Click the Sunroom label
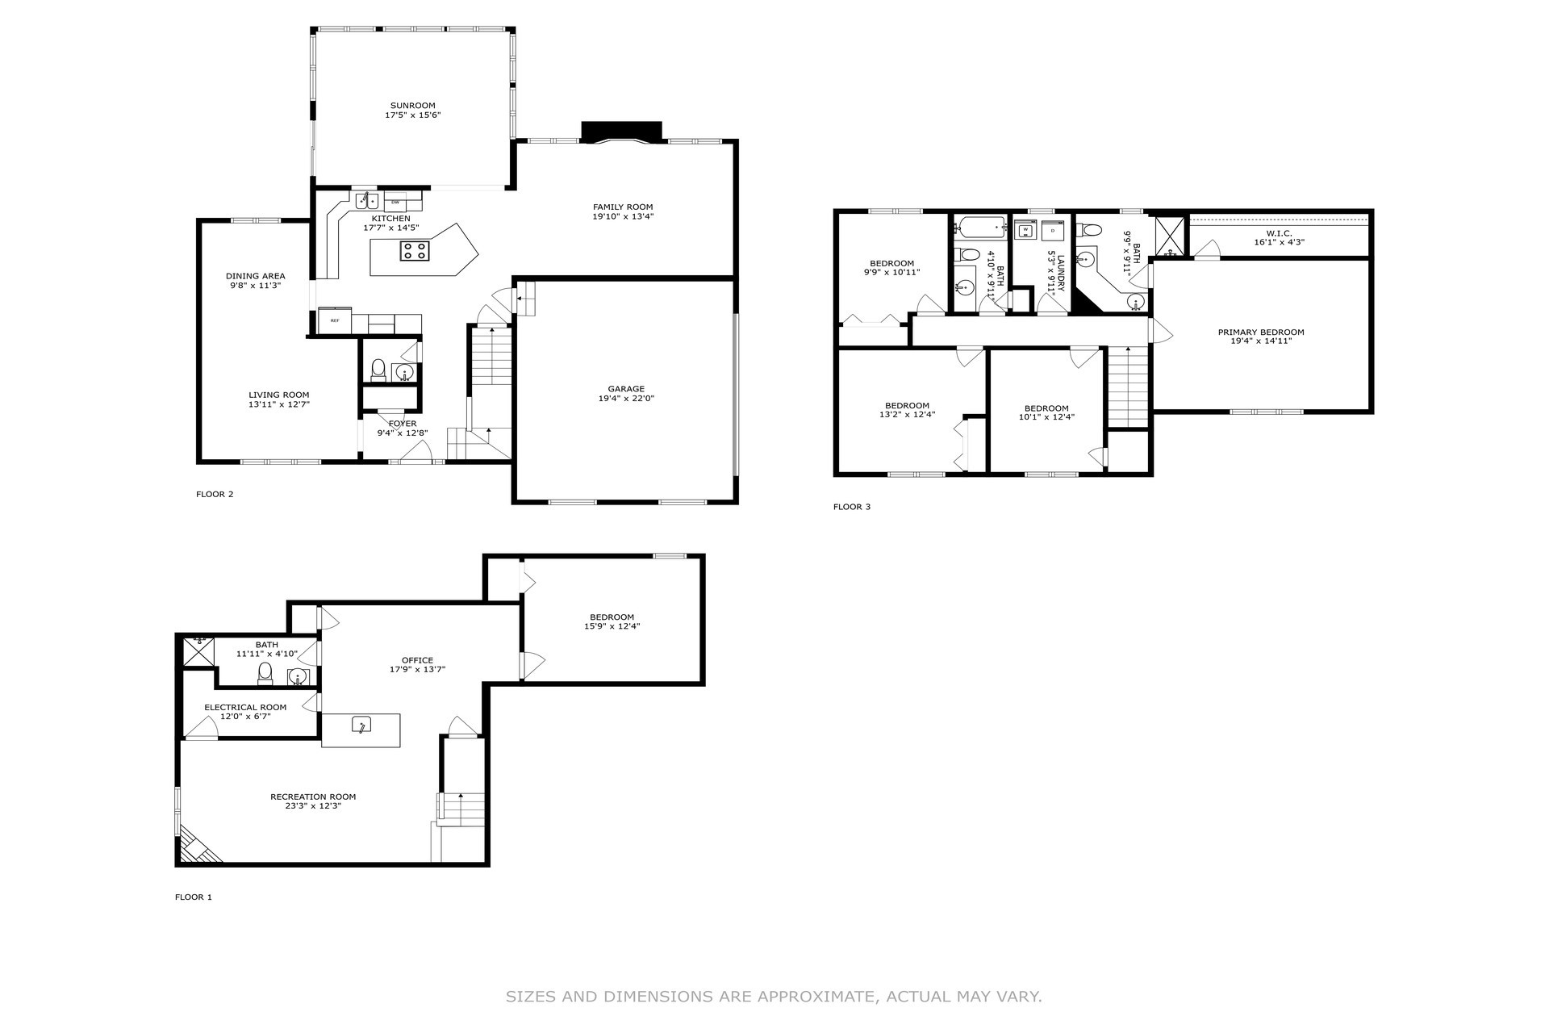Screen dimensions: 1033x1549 click(x=412, y=106)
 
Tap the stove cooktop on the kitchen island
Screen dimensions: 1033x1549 click(x=415, y=251)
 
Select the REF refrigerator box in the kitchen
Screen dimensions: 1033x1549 click(x=334, y=320)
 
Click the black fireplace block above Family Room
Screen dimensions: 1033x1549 click(x=621, y=131)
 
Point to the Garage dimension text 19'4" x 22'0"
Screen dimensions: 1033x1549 click(x=626, y=399)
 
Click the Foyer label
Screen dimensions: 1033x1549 click(x=403, y=424)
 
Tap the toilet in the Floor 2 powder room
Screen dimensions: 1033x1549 click(x=378, y=370)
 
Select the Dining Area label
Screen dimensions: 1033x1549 click(x=255, y=276)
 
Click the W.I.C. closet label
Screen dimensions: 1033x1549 click(x=1279, y=233)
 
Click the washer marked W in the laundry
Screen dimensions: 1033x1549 click(x=1025, y=231)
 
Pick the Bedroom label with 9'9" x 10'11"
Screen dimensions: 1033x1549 click(x=891, y=263)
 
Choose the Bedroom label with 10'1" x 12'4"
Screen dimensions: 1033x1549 click(x=1046, y=408)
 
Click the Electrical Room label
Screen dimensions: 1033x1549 click(x=245, y=707)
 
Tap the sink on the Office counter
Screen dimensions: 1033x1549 click(x=361, y=725)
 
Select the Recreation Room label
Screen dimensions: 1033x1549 click(x=312, y=797)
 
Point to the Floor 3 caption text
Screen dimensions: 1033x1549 click(x=851, y=507)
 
